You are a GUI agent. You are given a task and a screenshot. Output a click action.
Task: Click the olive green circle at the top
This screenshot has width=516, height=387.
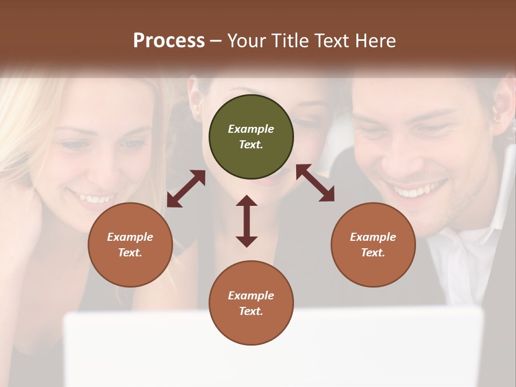click(251, 137)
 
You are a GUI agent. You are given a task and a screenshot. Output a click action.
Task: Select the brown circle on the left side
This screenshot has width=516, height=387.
click(130, 245)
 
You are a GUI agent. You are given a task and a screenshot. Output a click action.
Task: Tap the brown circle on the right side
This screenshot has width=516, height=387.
click(373, 245)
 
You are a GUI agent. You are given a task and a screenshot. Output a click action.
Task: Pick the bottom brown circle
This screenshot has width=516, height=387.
click(251, 303)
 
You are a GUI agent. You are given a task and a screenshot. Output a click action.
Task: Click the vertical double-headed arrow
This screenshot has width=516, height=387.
click(247, 221)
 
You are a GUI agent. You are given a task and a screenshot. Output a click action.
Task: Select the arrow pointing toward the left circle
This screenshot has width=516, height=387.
click(186, 189)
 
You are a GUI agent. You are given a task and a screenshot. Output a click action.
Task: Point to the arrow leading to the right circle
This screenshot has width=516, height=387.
click(315, 183)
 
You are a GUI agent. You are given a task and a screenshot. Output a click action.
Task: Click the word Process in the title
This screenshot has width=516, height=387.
click(169, 41)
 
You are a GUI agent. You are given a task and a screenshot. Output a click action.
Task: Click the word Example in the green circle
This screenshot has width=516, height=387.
click(251, 129)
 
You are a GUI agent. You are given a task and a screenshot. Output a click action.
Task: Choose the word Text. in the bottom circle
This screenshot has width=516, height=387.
click(251, 311)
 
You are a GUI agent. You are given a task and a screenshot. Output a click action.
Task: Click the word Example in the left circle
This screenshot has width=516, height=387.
click(130, 237)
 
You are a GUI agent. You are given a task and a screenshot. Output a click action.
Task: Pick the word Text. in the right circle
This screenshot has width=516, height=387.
click(373, 253)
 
